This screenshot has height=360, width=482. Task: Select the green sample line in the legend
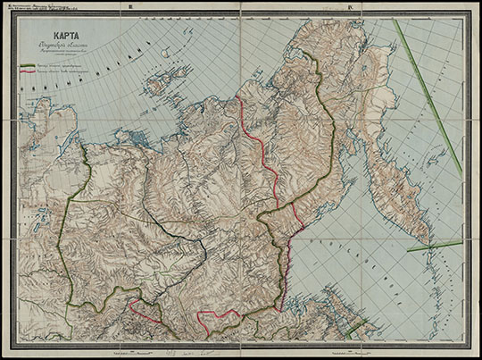coord(27,64)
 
